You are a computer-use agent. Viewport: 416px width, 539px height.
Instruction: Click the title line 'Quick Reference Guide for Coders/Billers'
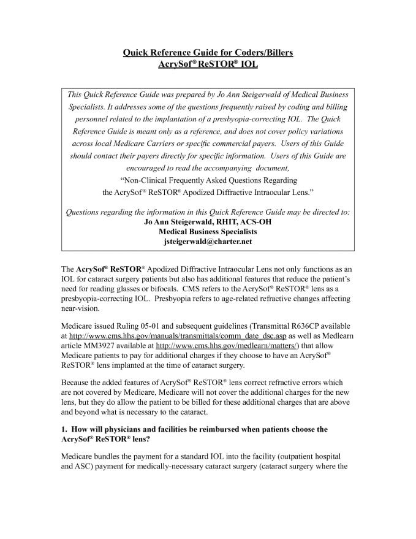208,53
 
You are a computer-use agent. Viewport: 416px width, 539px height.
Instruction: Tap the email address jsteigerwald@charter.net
208,242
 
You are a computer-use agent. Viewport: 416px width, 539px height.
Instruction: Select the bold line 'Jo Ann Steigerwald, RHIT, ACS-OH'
208,222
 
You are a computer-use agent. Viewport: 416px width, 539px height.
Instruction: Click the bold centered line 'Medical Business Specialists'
208,232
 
